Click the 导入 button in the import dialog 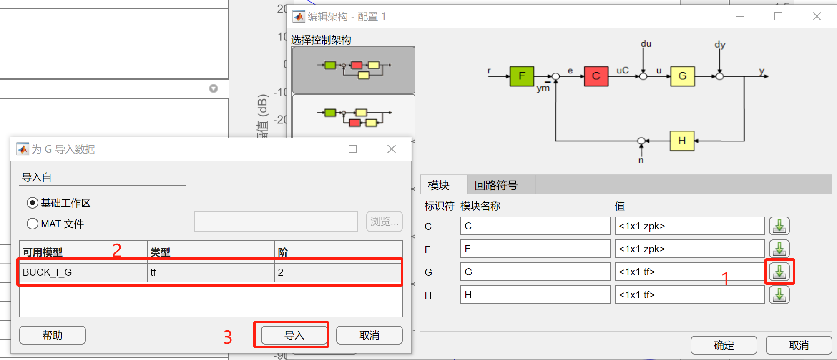tap(294, 335)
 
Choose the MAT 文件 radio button tap(33, 224)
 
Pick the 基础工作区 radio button tap(33, 203)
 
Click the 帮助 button tap(53, 335)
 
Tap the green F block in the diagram tap(522, 76)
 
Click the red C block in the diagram tap(596, 76)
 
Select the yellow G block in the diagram tap(682, 76)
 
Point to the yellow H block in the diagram tap(682, 141)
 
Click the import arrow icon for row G tap(779, 272)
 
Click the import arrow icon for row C tap(779, 226)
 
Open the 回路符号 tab tap(496, 185)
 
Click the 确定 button tap(724, 345)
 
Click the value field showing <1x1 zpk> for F tap(689, 249)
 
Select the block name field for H tap(535, 295)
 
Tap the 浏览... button tap(384, 222)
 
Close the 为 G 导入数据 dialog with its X tap(391, 149)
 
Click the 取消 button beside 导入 tap(369, 335)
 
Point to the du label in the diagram tap(646, 44)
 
